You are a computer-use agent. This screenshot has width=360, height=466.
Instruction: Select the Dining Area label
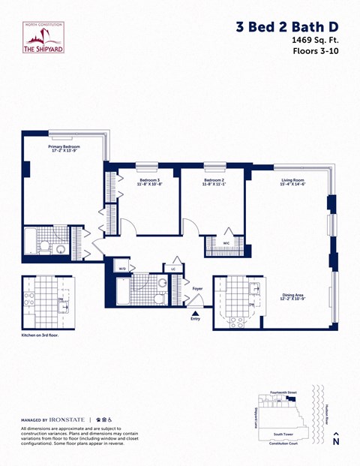coord(292,295)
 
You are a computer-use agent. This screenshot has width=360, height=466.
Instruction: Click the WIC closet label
coord(226,243)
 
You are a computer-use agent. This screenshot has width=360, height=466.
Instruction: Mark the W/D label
coord(122,268)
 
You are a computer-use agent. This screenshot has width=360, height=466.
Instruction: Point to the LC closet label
coord(173,268)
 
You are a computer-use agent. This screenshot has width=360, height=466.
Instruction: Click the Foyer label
coord(197,288)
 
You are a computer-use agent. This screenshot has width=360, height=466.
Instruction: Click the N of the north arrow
coord(336,442)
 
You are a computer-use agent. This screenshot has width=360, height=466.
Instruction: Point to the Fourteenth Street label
coord(282,392)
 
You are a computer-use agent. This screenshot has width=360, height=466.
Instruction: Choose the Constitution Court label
coord(284,443)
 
